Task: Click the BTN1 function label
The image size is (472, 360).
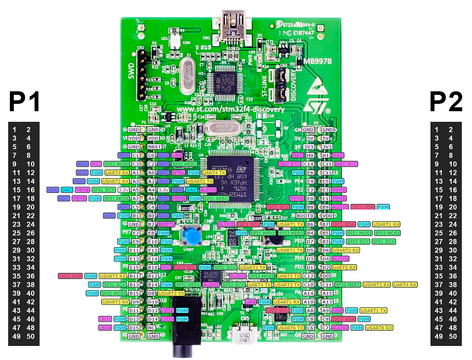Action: (178, 172)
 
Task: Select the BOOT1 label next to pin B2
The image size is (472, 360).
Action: (166, 224)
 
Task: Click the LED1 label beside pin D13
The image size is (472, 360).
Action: (105, 319)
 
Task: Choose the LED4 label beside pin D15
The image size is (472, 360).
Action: (105, 328)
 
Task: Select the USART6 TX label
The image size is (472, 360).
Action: (290, 328)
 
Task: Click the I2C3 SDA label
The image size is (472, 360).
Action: (343, 319)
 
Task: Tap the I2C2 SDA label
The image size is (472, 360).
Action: (69, 276)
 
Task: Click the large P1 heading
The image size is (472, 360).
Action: (24, 103)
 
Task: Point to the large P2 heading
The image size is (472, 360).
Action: (446, 103)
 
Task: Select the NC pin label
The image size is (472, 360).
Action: (151, 328)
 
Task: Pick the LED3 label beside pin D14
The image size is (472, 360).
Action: (167, 319)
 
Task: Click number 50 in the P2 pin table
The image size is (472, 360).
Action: (453, 336)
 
